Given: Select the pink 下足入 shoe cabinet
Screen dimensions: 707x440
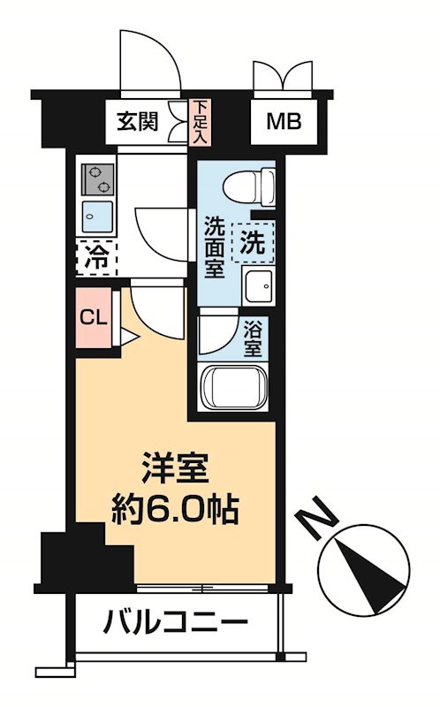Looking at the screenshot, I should (200, 122).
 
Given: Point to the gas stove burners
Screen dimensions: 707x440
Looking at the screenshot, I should (99, 179).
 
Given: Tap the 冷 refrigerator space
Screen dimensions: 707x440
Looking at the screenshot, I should (95, 258).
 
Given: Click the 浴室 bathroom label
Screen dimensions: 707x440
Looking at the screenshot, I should (252, 338).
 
